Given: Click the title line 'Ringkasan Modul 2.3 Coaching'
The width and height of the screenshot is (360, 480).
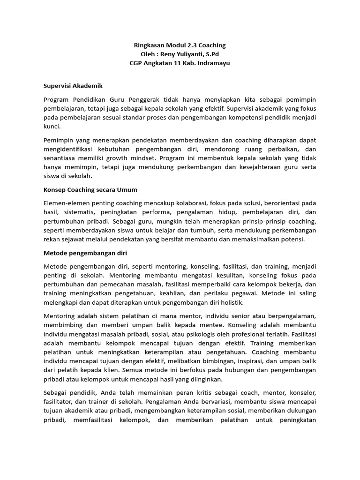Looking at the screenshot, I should (180, 45).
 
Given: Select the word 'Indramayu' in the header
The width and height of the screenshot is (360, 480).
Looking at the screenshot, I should (211, 63).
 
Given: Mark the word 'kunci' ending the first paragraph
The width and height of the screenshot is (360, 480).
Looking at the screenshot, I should (52, 127).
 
